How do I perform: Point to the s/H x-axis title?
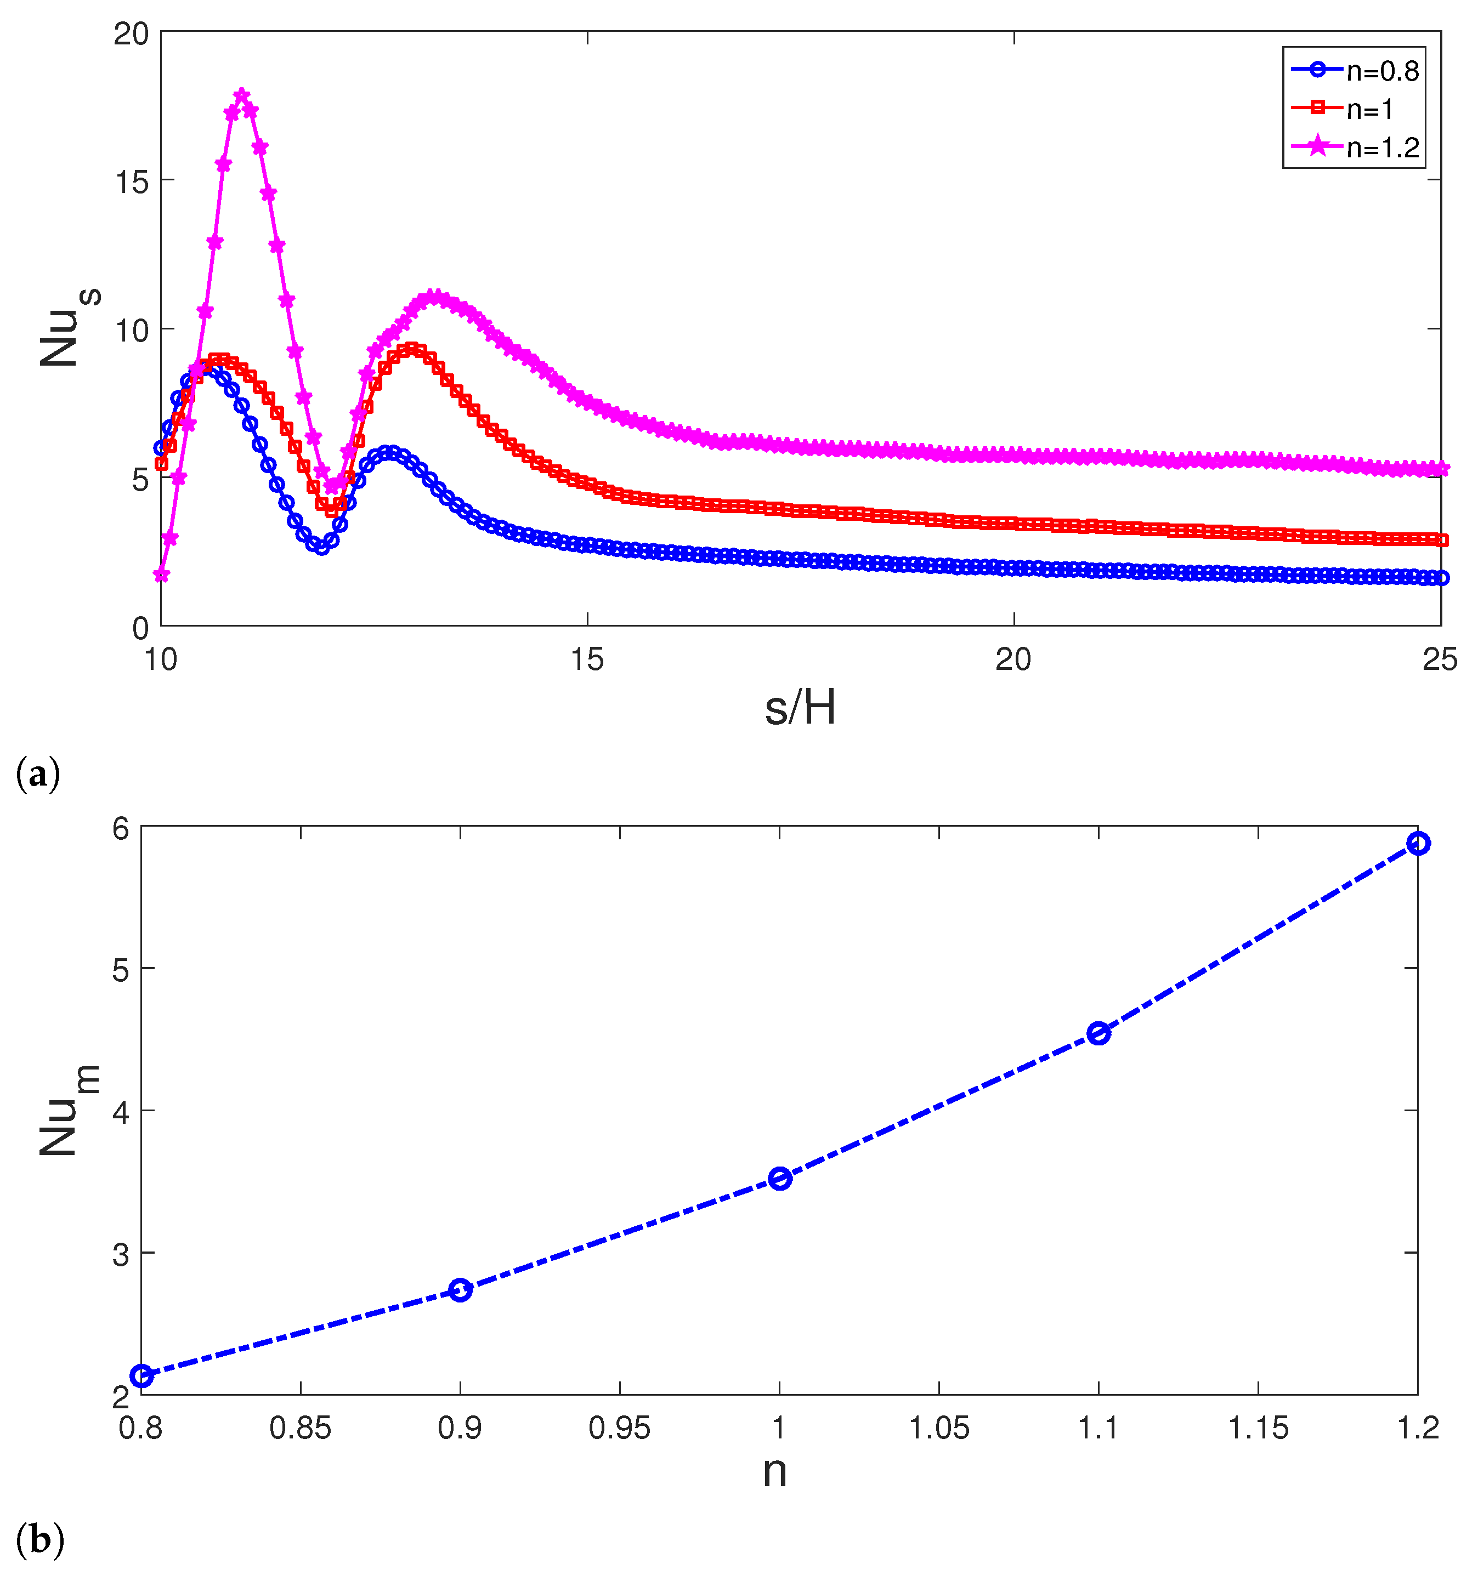pos(800,708)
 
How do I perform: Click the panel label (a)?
pos(37,774)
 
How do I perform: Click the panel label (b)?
pos(39,1540)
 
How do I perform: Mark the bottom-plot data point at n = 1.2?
pos(1418,844)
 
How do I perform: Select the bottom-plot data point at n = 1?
pos(780,1178)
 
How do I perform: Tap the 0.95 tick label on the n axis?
pos(619,1428)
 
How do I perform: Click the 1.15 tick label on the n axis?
pos(1258,1428)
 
